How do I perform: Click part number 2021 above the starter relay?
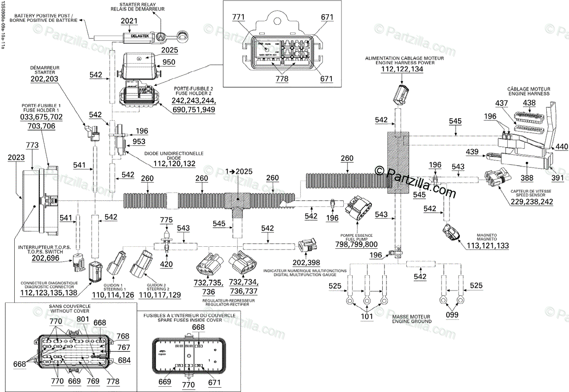pos(128,21)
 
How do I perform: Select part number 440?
pos(561,147)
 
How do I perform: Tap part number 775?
pos(166,220)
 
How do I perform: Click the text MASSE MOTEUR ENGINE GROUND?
pos(412,318)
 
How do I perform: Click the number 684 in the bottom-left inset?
pos(124,360)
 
